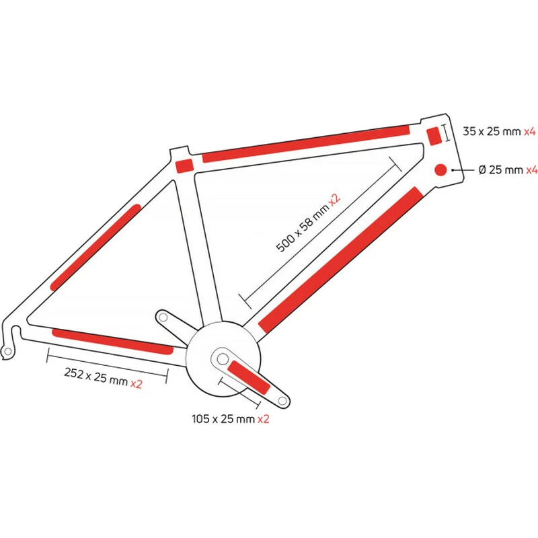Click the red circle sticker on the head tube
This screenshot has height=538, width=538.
click(441, 169)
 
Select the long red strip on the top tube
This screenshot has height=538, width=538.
click(306, 143)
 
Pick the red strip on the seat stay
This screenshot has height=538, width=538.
click(96, 247)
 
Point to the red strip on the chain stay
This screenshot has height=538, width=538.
click(112, 341)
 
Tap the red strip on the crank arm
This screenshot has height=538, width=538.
click(248, 377)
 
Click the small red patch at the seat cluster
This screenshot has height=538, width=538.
click(184, 165)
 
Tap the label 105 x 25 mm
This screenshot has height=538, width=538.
click(223, 418)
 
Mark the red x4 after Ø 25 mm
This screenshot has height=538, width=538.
click(530, 170)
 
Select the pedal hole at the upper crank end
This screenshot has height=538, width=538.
click(163, 317)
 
